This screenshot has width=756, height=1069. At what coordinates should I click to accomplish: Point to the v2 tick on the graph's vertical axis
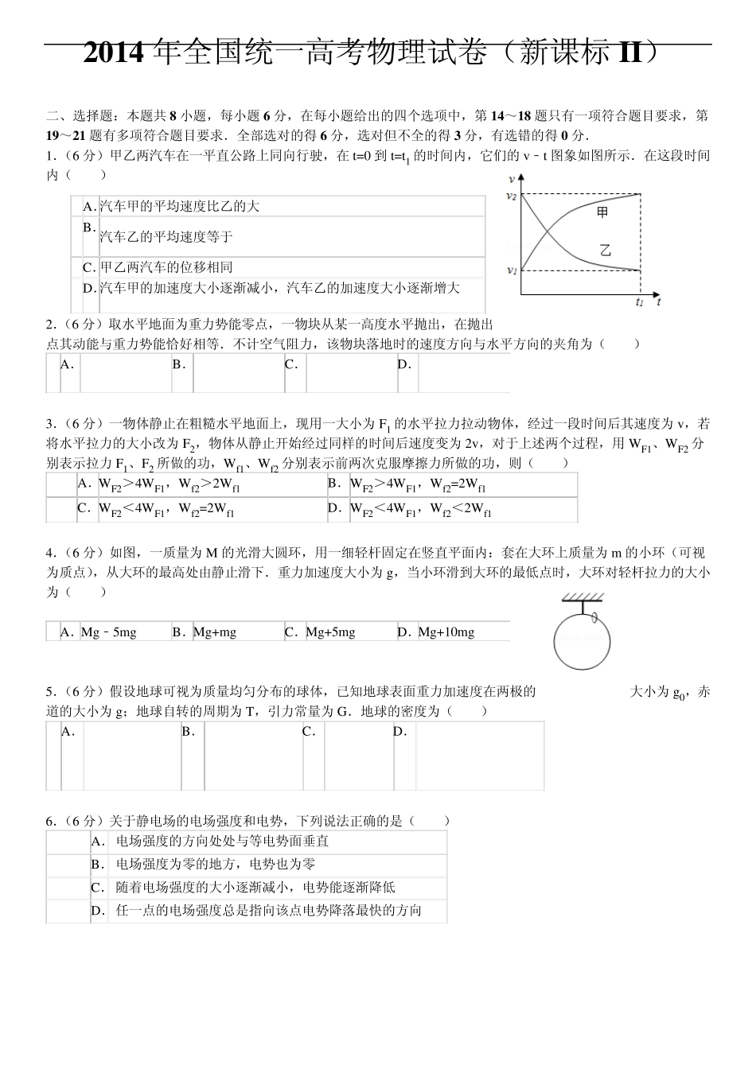[512, 196]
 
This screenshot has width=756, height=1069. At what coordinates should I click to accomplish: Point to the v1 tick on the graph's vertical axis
[512, 270]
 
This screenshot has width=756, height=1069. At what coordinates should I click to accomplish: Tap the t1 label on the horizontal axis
[640, 302]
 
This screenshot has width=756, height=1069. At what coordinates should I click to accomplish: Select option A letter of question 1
[89, 207]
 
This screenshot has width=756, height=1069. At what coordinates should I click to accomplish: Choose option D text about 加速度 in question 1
[279, 288]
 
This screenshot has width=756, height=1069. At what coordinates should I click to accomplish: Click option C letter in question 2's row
[291, 364]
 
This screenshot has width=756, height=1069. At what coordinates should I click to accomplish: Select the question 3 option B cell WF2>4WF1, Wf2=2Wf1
[419, 484]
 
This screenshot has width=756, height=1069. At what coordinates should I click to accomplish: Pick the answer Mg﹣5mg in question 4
[109, 632]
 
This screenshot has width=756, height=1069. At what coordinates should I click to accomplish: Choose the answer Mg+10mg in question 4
[446, 632]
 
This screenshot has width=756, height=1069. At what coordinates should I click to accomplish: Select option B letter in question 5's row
[188, 732]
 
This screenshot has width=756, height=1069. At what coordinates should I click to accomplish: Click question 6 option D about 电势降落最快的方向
[268, 911]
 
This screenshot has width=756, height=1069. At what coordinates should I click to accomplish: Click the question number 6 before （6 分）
[50, 822]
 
